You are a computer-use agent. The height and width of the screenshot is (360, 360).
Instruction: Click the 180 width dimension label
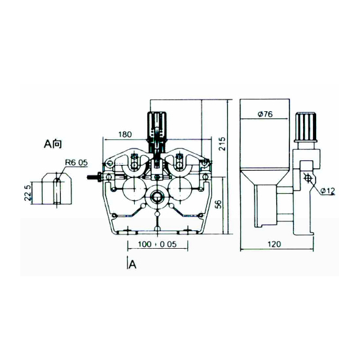coord(125,134)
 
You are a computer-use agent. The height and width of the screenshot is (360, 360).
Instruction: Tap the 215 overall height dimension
coord(222,144)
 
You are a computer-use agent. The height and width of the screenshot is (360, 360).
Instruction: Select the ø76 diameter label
coord(265,114)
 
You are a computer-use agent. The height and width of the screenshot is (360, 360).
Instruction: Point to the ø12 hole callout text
coord(327,190)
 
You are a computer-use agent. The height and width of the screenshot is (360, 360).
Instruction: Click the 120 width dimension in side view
coord(274,244)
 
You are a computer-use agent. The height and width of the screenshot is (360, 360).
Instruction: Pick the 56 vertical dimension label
coord(219,204)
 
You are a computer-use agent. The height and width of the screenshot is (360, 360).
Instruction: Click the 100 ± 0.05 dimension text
coord(157,244)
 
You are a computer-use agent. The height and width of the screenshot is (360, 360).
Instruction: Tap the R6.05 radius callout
coord(77,162)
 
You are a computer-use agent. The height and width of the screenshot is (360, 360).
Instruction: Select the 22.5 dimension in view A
coord(27,193)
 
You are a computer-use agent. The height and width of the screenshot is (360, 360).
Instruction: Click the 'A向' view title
coord(53,144)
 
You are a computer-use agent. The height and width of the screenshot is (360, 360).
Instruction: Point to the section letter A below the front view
coord(132,264)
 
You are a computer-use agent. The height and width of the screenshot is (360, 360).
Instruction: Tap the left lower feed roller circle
coord(134,189)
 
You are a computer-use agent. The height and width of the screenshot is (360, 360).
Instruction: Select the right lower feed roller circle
coord(181,189)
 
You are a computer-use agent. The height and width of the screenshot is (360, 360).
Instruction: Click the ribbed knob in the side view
coord(306,126)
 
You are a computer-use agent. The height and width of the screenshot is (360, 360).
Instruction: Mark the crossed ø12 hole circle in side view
coord(308,177)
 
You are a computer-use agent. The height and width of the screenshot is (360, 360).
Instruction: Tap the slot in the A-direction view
coord(57,190)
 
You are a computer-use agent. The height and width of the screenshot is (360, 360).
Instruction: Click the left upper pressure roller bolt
coord(134,161)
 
